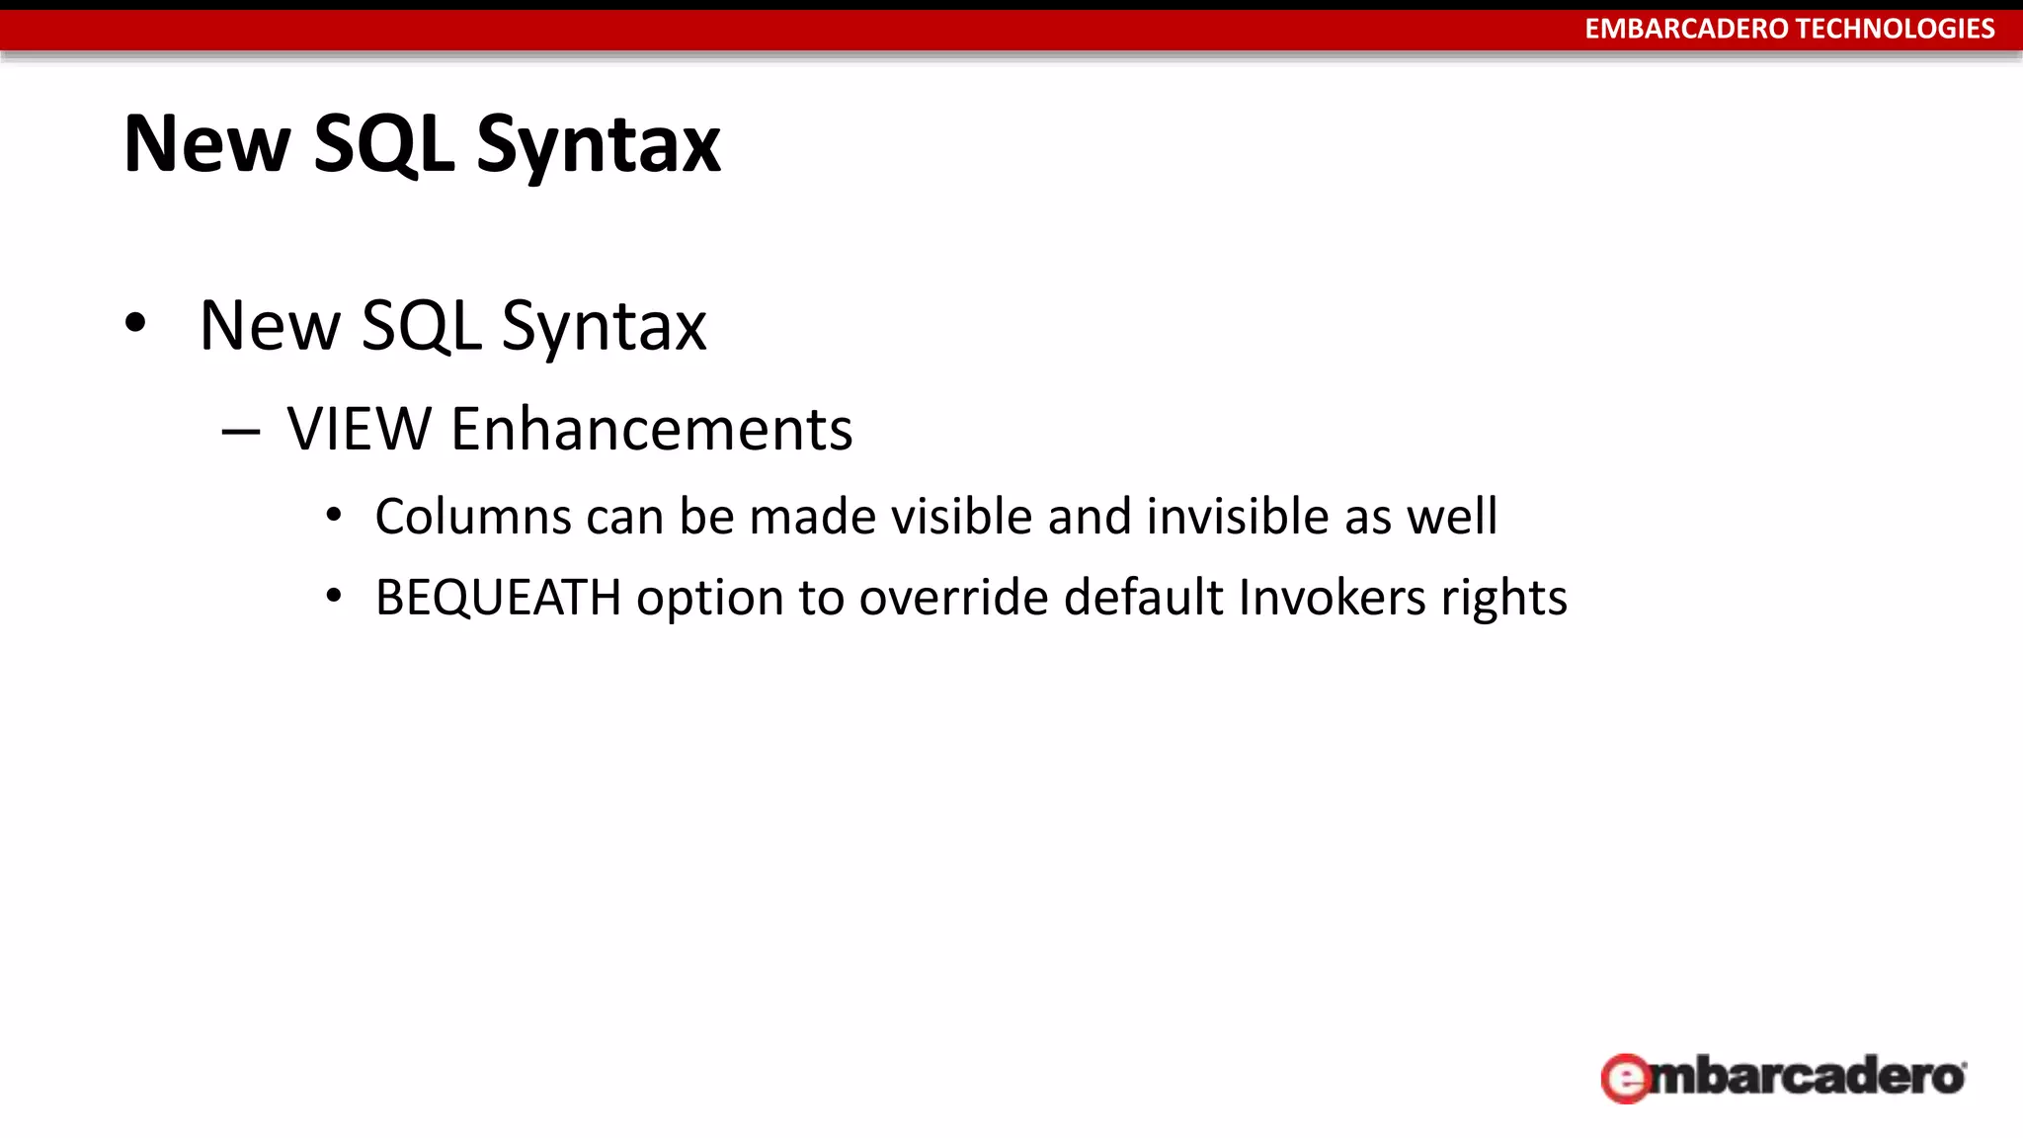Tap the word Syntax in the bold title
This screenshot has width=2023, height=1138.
(599, 145)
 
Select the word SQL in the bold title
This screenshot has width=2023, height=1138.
(383, 145)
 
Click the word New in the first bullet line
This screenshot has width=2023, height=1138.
(269, 326)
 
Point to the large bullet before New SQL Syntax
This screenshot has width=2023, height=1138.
(135, 322)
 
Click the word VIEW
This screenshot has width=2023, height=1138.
(360, 429)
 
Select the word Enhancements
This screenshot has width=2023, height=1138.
(651, 429)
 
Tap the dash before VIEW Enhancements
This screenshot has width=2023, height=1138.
(241, 432)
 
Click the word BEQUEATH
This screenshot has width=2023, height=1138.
(498, 598)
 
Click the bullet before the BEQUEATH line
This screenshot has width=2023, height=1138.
(334, 596)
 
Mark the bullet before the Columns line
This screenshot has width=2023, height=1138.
(334, 515)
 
